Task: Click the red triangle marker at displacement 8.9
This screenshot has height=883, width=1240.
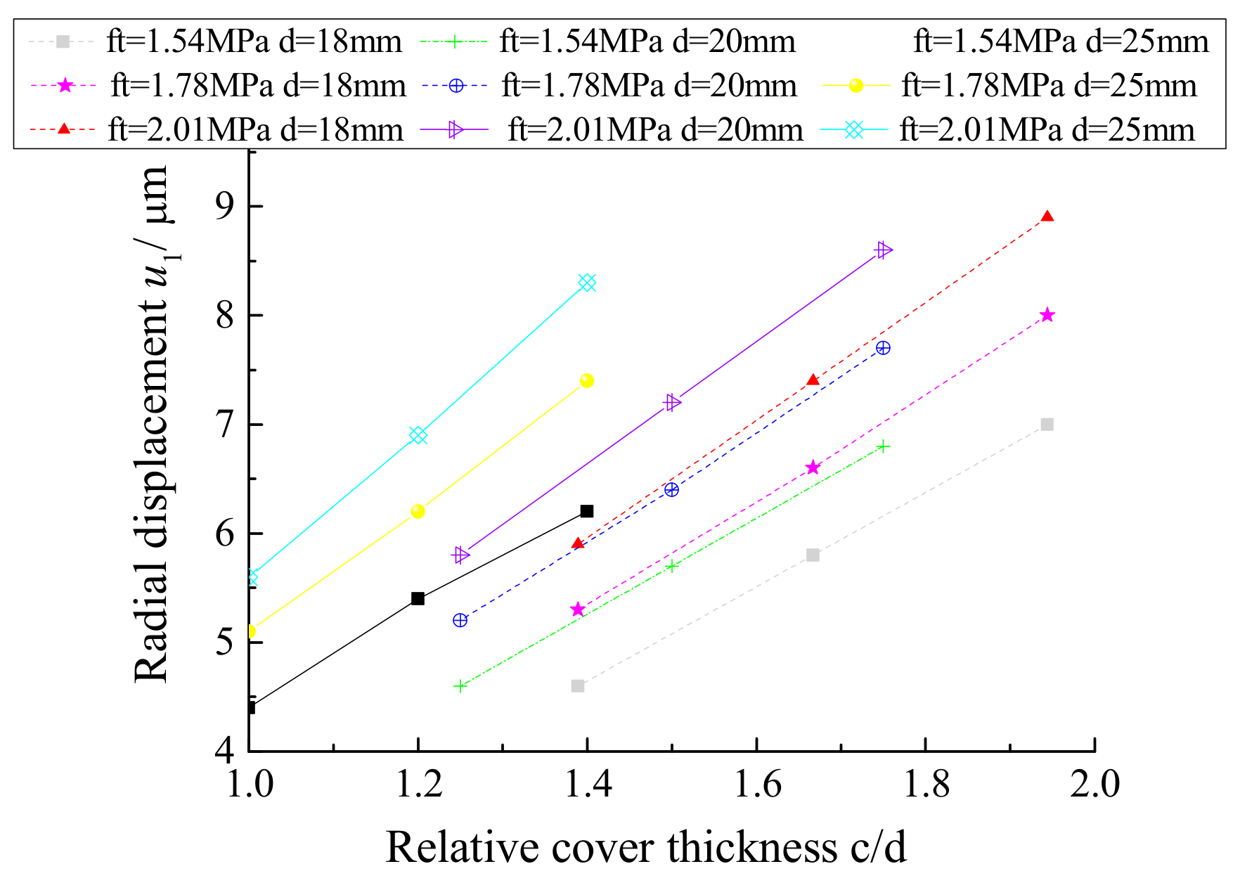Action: [x=1047, y=217]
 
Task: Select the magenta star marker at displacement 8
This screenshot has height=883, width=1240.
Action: [x=1047, y=315]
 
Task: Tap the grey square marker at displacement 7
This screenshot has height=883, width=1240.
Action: [x=1047, y=424]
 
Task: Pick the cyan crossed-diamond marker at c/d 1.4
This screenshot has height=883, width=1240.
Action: [x=587, y=283]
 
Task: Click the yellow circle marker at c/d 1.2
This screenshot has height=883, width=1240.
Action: [x=418, y=511]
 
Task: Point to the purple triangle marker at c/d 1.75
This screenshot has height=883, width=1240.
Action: [x=884, y=250]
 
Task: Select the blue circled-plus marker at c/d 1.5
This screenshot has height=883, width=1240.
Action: [x=671, y=489]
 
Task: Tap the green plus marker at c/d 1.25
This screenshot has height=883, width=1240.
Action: [x=460, y=685]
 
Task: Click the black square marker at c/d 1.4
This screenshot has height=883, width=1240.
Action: [x=587, y=511]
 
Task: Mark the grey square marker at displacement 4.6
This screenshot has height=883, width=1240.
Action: [x=578, y=685]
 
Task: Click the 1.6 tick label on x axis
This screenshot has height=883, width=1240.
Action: [x=757, y=784]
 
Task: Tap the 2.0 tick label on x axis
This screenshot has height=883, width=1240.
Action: [x=1094, y=784]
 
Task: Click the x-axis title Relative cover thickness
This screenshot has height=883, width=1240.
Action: [x=645, y=847]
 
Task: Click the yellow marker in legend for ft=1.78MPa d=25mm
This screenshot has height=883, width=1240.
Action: [x=855, y=86]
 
